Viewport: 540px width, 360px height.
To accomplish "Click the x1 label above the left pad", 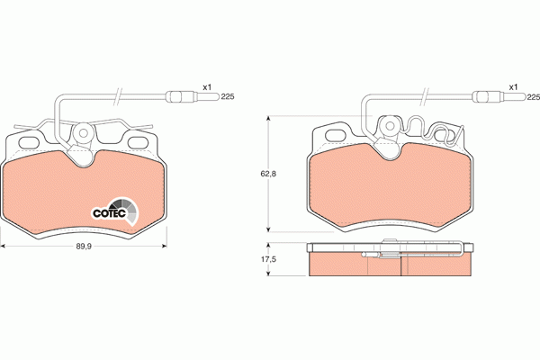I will [206, 86].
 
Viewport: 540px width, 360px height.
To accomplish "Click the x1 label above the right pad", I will [513, 86].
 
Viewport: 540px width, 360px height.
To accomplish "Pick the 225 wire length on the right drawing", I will [532, 96].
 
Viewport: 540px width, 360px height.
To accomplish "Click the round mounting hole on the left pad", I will [84, 134].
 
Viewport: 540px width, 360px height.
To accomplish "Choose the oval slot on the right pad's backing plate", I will [335, 135].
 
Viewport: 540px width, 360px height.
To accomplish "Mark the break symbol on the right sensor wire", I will [423, 95].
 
